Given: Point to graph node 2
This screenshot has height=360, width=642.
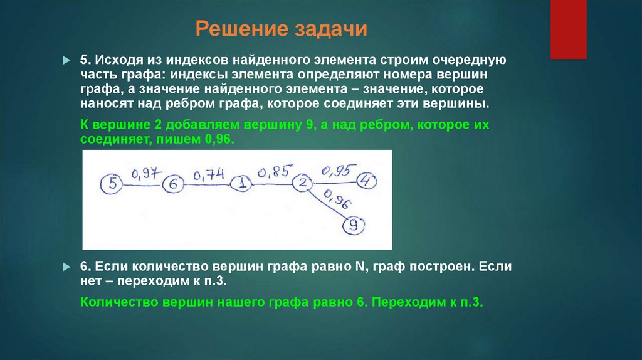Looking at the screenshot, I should (x=302, y=183).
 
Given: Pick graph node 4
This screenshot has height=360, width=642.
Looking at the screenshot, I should (x=367, y=182).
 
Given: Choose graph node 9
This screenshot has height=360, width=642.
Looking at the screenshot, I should (x=354, y=225).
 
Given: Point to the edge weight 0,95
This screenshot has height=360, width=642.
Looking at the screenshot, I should (x=338, y=169).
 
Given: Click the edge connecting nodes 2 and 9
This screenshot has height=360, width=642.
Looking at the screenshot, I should (x=326, y=203).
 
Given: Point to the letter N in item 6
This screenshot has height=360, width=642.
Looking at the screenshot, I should (x=360, y=266).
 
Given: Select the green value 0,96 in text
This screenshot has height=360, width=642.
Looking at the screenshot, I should (x=217, y=140).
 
